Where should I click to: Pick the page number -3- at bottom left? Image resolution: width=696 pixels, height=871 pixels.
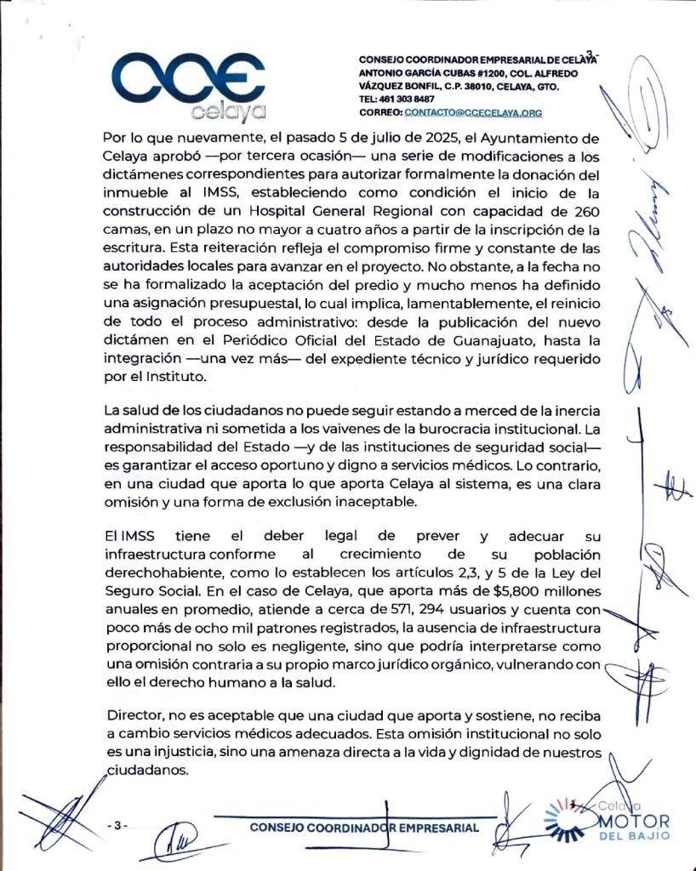click(x=118, y=826)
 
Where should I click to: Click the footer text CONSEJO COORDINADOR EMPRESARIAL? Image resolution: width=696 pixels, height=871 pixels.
click(x=364, y=828)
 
